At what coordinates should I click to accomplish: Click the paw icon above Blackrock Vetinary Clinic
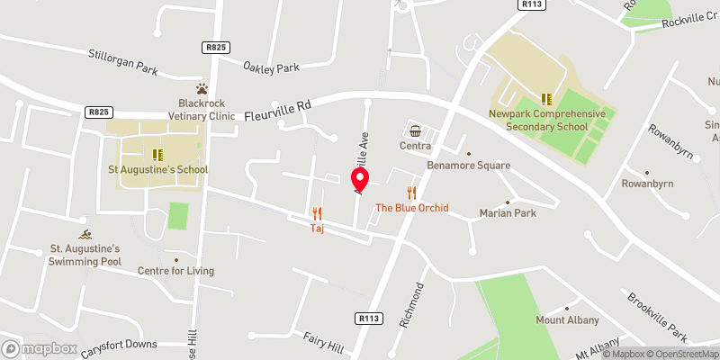tap(203, 89)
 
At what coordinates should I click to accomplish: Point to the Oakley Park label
tap(272, 66)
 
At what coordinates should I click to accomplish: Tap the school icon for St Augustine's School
tap(157, 155)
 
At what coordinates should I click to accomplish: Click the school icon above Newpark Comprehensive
tap(544, 99)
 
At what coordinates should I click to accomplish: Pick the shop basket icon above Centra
tap(415, 130)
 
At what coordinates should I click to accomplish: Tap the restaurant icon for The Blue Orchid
tap(412, 193)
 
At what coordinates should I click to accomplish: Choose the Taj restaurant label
tap(317, 229)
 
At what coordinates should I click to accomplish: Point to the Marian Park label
tap(508, 213)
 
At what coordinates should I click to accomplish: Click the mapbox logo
tap(40, 348)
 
